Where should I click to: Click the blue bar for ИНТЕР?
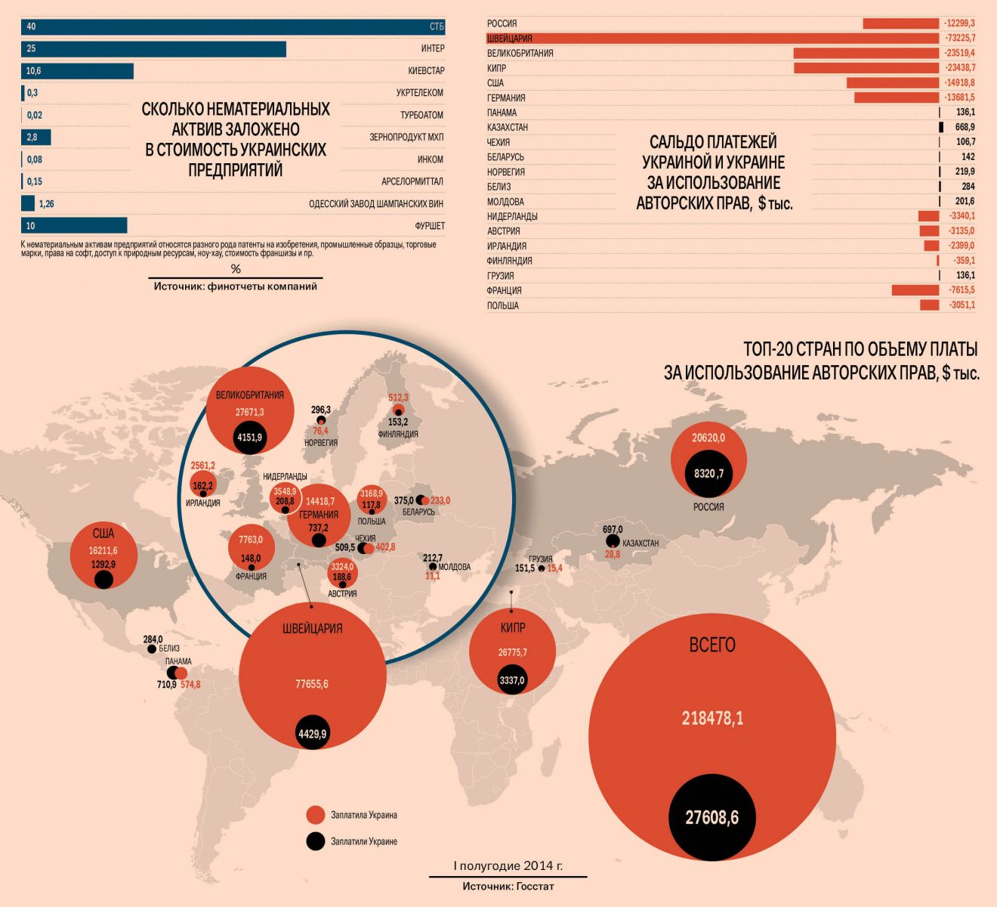pyautogui.click(x=153, y=49)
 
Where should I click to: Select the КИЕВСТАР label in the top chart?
pyautogui.click(x=426, y=71)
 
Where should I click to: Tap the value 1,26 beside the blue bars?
pyautogui.click(x=46, y=204)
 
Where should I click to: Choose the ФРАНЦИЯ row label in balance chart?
pyautogui.click(x=505, y=291)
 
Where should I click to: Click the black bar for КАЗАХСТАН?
pyautogui.click(x=941, y=127)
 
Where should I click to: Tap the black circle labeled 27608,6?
pyautogui.click(x=711, y=817)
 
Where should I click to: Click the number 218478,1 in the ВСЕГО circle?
pyautogui.click(x=711, y=718)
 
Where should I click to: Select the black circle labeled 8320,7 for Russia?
pyautogui.click(x=708, y=474)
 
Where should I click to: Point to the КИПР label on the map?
pyautogui.click(x=512, y=628)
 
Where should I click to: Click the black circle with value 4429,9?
pyautogui.click(x=312, y=733)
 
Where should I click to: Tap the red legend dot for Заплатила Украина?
pyautogui.click(x=316, y=815)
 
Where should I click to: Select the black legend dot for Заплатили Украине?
pyautogui.click(x=316, y=841)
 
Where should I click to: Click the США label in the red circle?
pyautogui.click(x=103, y=534)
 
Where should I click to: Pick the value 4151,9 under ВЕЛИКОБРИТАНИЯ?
pyautogui.click(x=249, y=437)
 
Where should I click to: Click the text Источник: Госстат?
pyautogui.click(x=508, y=886)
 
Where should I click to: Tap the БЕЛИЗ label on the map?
pyautogui.click(x=169, y=649)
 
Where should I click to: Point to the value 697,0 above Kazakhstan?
pyautogui.click(x=613, y=529)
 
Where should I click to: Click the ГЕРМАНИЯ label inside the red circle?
pyautogui.click(x=318, y=515)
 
